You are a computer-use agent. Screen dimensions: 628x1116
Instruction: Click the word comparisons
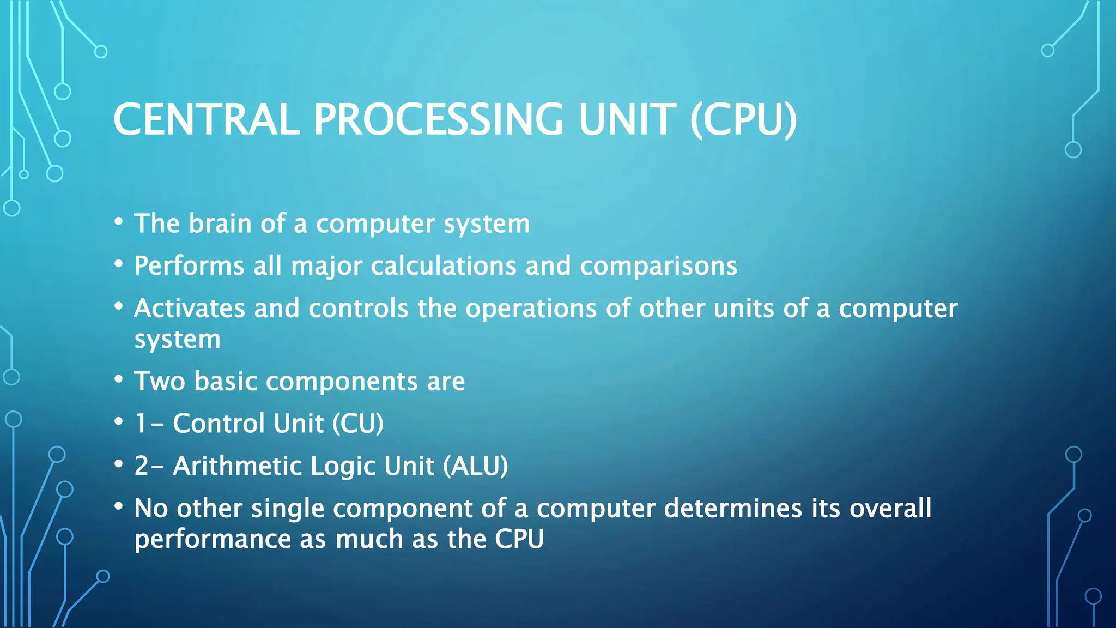click(x=658, y=266)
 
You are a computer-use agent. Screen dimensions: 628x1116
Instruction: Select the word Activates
click(x=189, y=309)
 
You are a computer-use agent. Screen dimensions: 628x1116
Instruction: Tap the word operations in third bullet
click(x=531, y=309)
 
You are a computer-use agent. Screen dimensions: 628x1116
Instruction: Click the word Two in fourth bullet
click(x=159, y=381)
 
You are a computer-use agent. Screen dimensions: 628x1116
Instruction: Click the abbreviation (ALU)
click(x=475, y=466)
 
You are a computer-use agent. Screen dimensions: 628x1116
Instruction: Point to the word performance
click(x=213, y=540)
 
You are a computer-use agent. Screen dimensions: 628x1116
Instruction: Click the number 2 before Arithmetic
click(x=142, y=466)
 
